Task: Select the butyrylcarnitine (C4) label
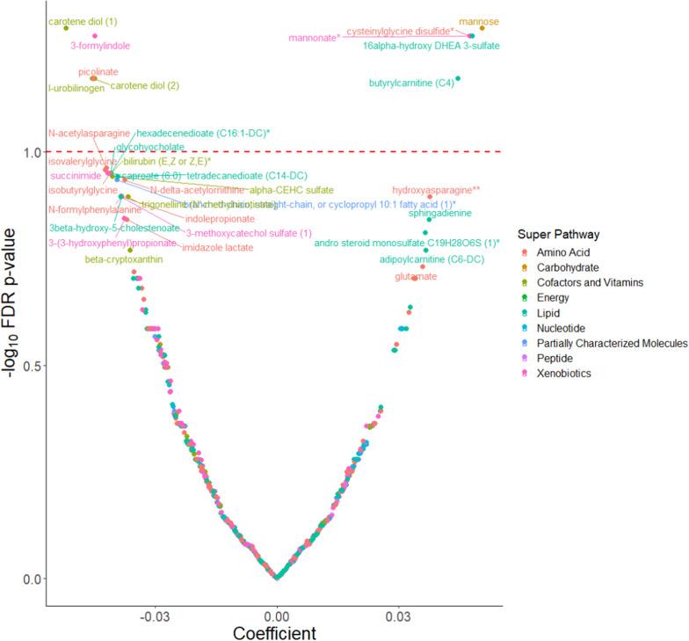[412, 84]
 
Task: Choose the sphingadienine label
[440, 214]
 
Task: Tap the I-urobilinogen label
[76, 88]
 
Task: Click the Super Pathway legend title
[559, 236]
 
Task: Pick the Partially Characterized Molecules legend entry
[613, 343]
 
